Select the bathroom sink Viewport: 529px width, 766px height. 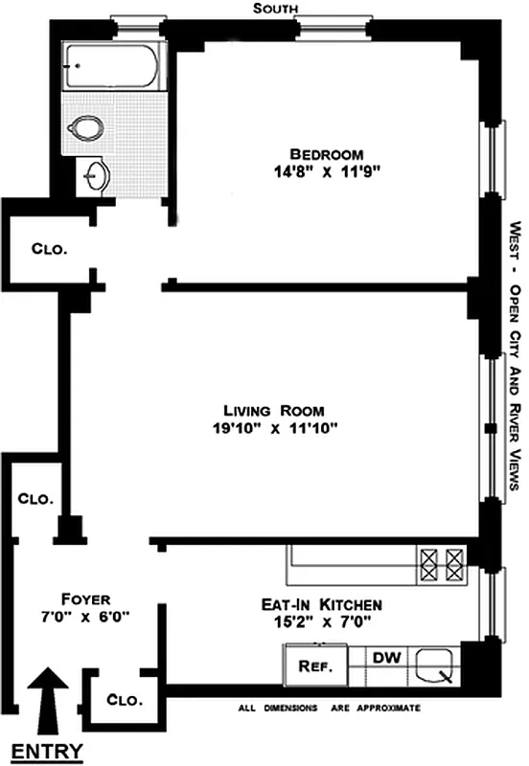coord(98,175)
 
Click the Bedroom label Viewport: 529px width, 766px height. coord(328,154)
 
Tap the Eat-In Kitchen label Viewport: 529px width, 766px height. coord(322,604)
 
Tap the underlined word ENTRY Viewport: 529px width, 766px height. coord(45,750)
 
